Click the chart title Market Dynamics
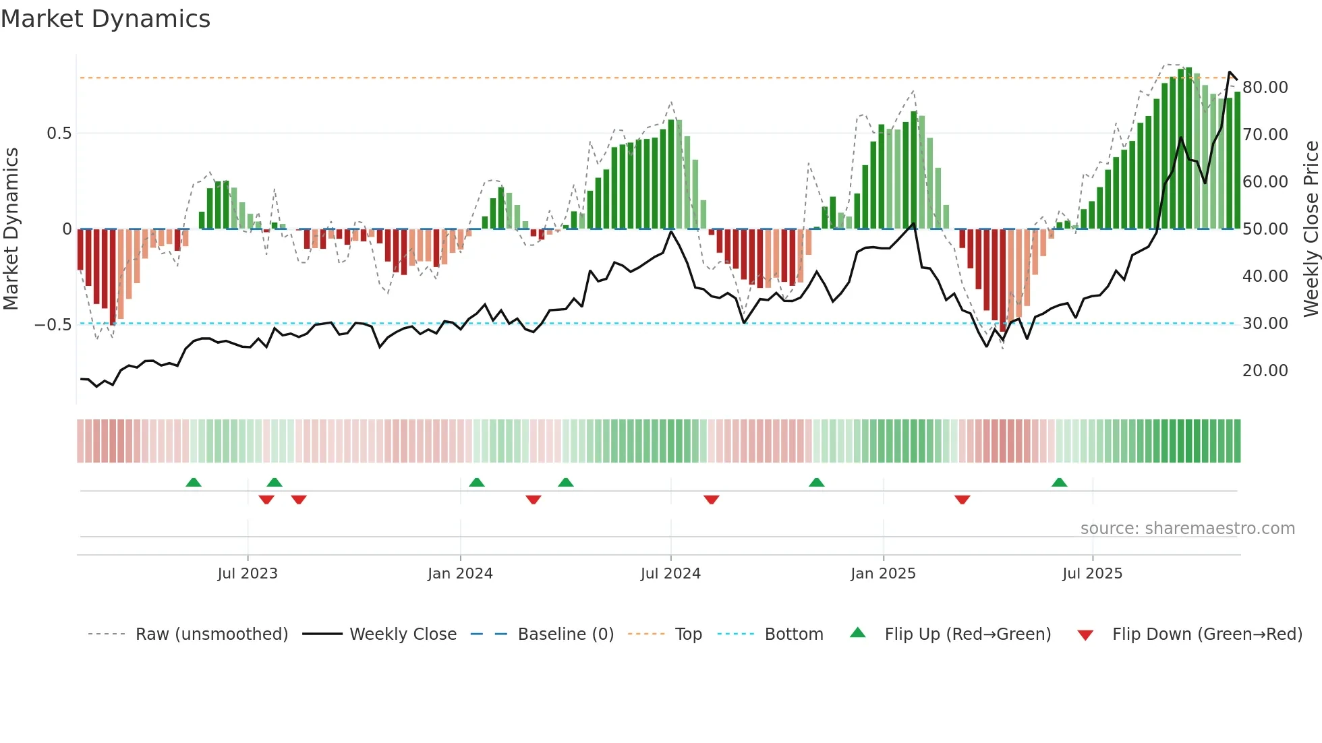[x=105, y=19]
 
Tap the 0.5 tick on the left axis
[x=59, y=133]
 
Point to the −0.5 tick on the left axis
[x=53, y=325]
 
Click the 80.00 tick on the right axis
[x=1265, y=88]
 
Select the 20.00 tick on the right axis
[x=1265, y=371]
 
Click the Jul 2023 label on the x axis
[x=248, y=574]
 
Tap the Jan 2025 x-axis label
[x=883, y=574]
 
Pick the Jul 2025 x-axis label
[x=1092, y=574]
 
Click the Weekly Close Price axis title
[x=1311, y=229]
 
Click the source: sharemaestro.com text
[x=1187, y=529]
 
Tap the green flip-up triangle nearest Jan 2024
[x=477, y=483]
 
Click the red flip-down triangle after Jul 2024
[x=712, y=500]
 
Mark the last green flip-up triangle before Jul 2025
[x=1060, y=483]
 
